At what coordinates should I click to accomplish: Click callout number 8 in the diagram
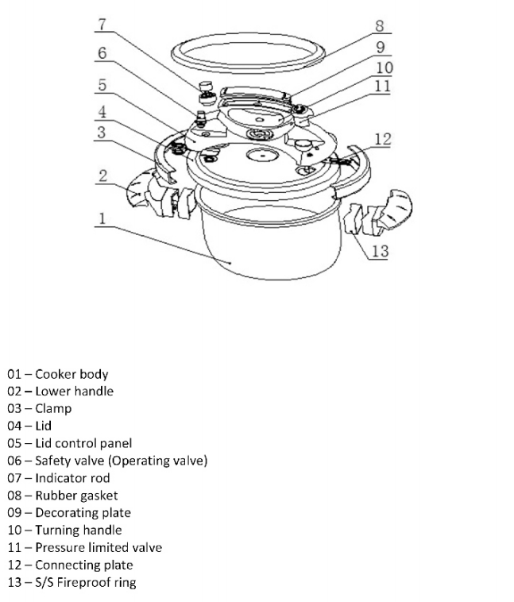tap(380, 25)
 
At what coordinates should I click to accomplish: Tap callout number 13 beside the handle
tap(381, 251)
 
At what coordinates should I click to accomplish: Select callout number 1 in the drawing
tap(102, 218)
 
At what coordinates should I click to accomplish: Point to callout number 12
tap(383, 139)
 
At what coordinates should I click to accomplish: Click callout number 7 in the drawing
tap(102, 24)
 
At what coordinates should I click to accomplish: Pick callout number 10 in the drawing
tap(385, 68)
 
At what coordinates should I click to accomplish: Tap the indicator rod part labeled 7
tap(207, 93)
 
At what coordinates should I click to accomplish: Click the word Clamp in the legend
tap(53, 408)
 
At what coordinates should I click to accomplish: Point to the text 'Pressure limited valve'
tap(99, 547)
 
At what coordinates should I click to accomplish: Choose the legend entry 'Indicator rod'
tap(72, 478)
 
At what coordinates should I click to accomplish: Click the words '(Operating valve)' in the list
tap(158, 461)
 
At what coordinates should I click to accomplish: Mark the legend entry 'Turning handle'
tap(79, 531)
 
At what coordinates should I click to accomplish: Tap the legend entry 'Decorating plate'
tap(83, 513)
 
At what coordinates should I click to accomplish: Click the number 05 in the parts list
tap(14, 443)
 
